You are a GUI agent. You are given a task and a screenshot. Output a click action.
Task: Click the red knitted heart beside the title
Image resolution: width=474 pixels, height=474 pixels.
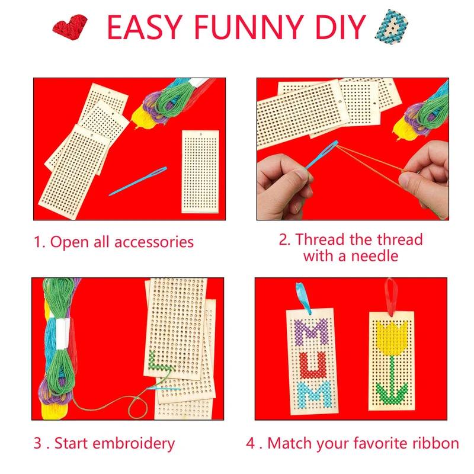(x=70, y=27)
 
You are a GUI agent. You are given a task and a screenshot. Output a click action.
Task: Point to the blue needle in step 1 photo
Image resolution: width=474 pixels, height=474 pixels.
(x=138, y=181)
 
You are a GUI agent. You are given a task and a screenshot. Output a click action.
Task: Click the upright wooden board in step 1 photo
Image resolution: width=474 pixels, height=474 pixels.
(x=200, y=171)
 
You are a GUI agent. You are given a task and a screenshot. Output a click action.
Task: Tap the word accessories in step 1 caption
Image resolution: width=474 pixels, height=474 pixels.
(x=154, y=242)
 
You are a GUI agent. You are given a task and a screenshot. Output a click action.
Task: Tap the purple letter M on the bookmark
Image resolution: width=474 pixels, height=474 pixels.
(x=311, y=332)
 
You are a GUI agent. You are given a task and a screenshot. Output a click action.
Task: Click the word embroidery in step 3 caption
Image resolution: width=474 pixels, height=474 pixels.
(x=134, y=443)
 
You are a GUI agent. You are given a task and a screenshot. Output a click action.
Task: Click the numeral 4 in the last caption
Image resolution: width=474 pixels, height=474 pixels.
(x=251, y=443)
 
